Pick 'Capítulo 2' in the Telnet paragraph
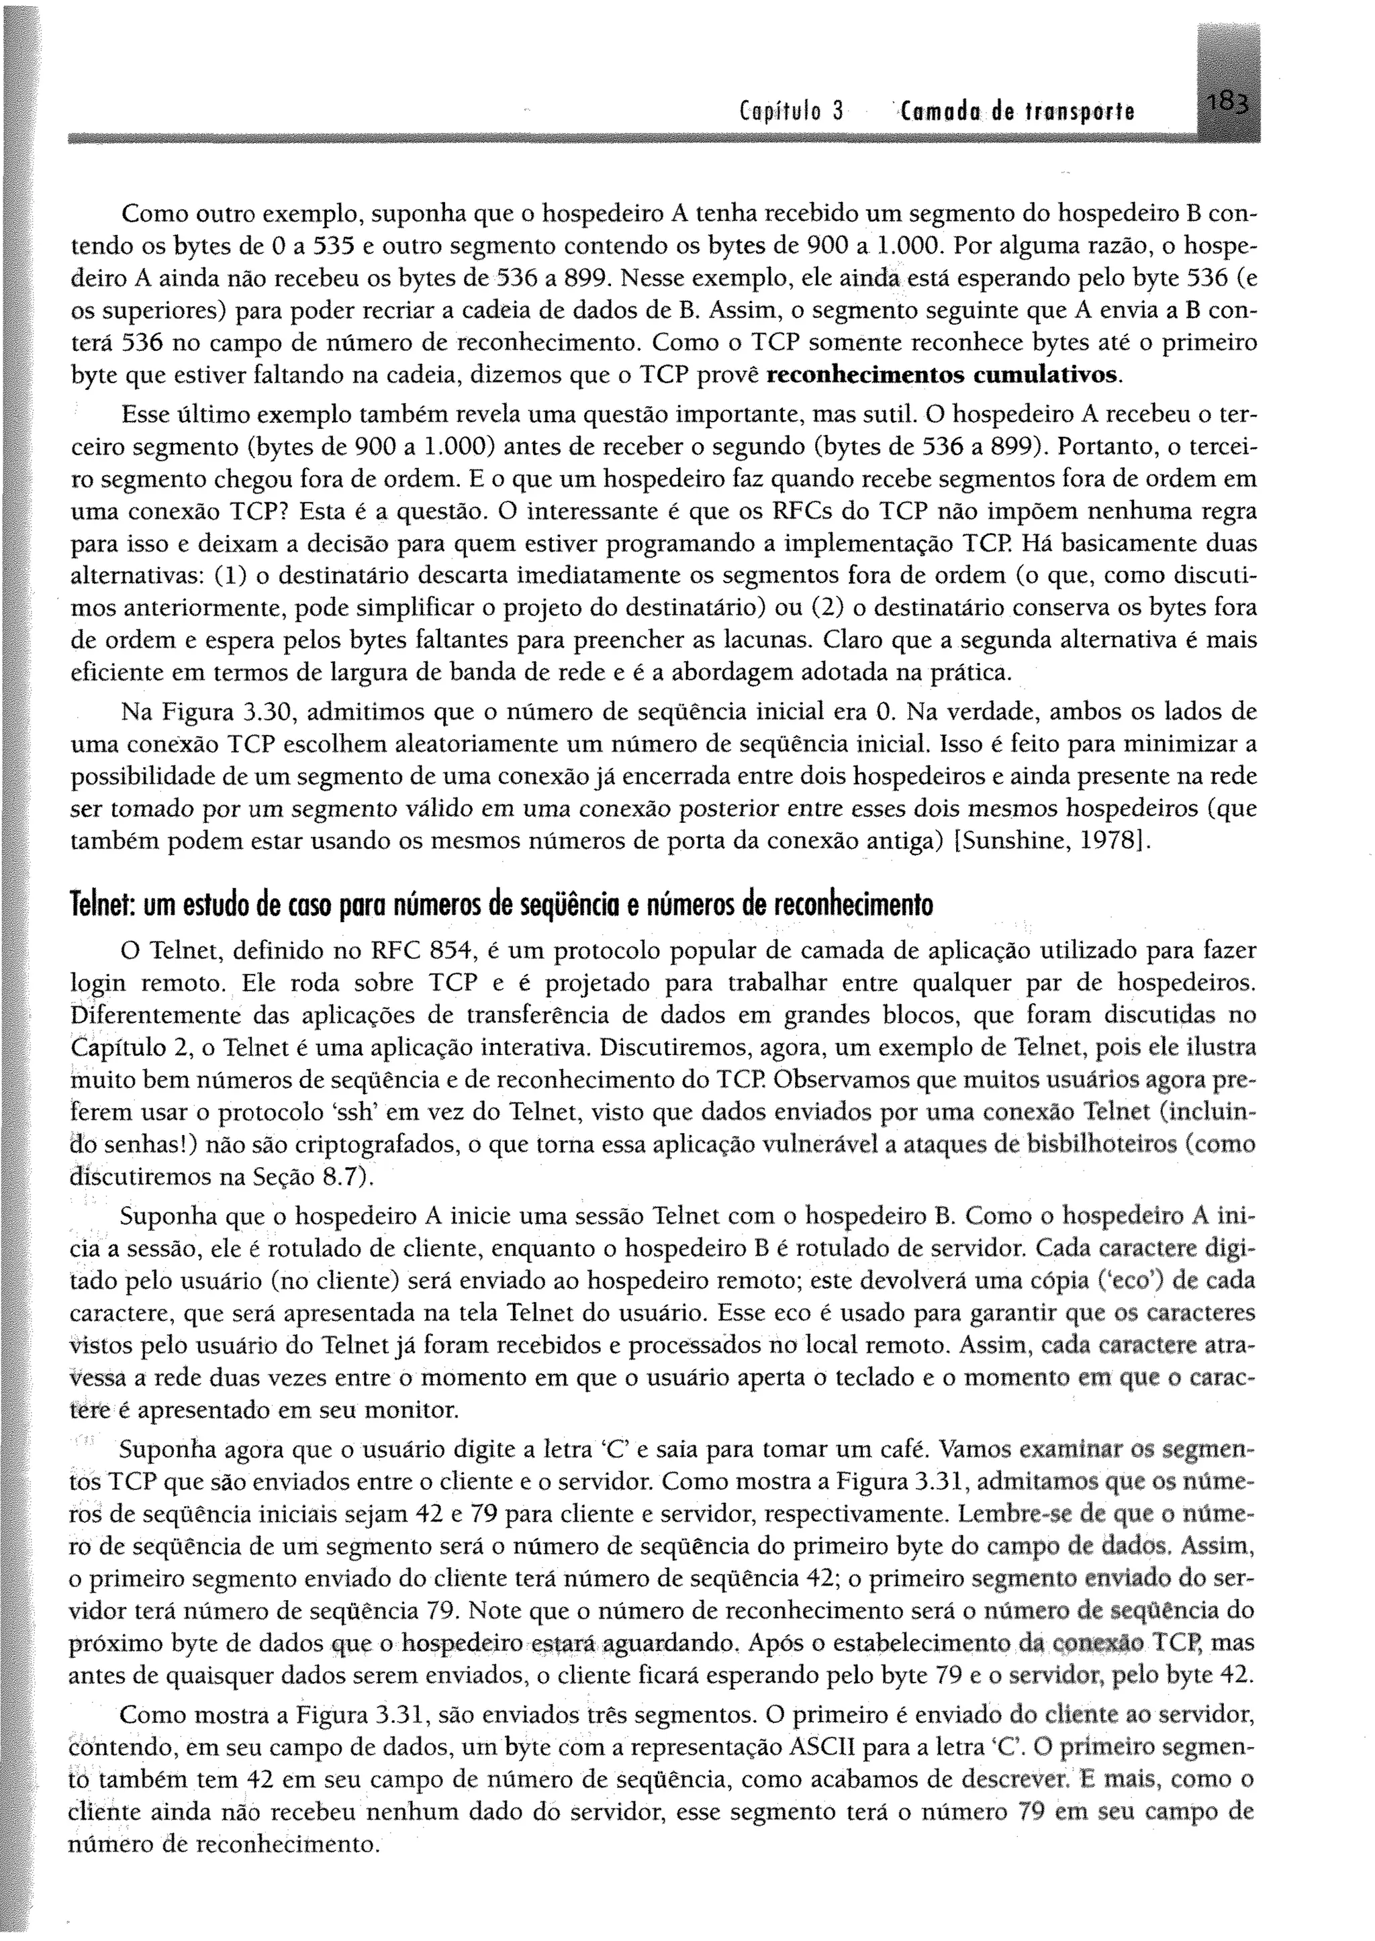coord(126,1048)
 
